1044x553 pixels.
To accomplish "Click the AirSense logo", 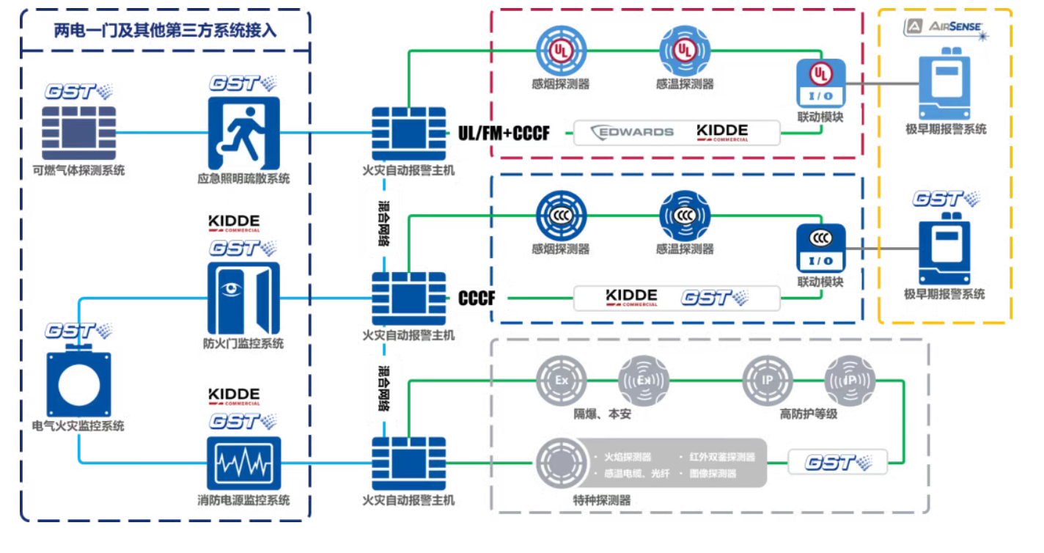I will (x=946, y=28).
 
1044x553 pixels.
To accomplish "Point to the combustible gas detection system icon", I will (x=78, y=133).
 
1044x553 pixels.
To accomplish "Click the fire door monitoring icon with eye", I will (x=243, y=298).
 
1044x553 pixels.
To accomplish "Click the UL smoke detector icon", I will (x=561, y=50).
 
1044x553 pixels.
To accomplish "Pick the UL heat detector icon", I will (x=684, y=50).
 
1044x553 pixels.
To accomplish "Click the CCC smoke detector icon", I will (x=561, y=216).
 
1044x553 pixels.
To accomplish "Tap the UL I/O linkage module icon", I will (x=820, y=83).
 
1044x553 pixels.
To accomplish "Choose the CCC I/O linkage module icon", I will (x=820, y=248).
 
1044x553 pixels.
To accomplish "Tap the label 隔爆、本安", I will (x=602, y=414).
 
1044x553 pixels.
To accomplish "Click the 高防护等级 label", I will (x=809, y=414).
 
